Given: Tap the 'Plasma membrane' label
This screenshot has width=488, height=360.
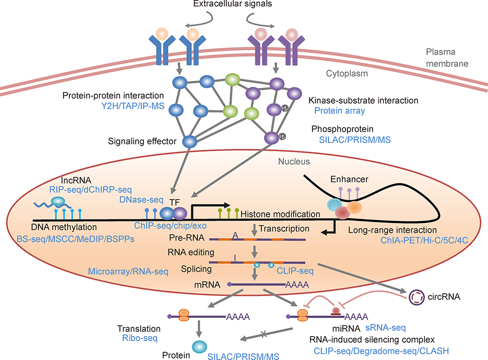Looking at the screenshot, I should [442, 58].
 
